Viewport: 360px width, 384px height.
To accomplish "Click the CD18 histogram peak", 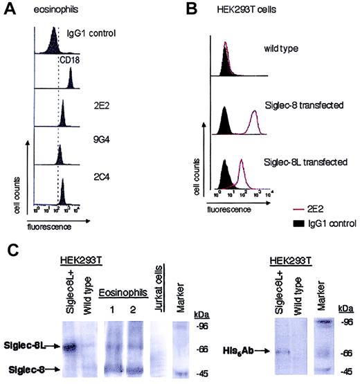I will coord(71,83).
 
